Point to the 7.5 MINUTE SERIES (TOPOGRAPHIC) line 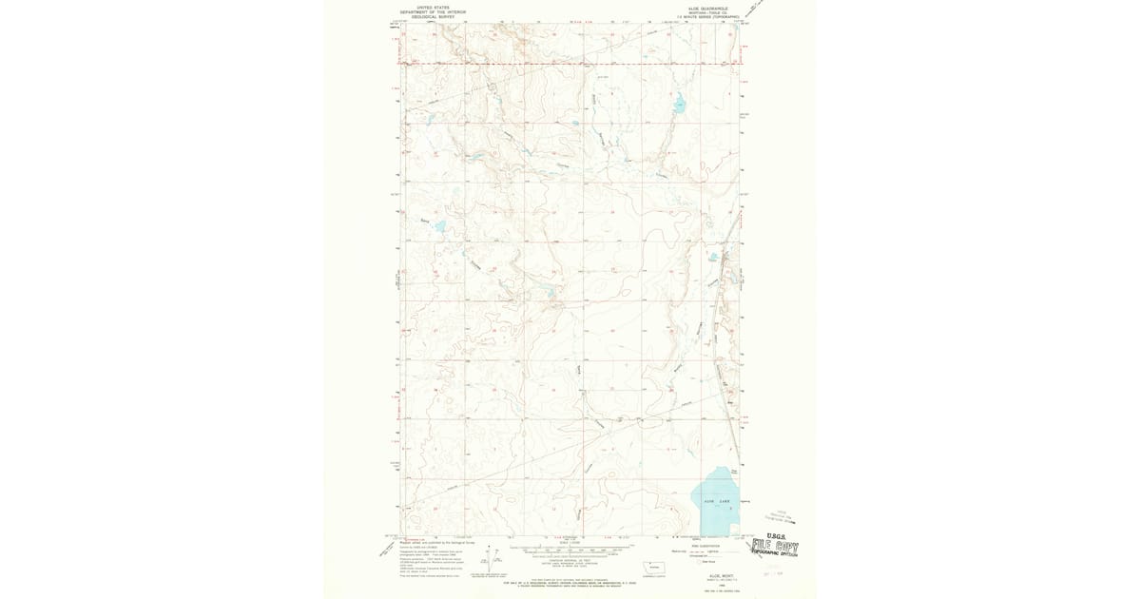click(x=698, y=17)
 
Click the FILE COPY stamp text click(x=775, y=549)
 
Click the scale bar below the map click(x=570, y=549)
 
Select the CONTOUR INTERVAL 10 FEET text click(x=570, y=559)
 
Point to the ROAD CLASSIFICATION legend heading click(x=705, y=543)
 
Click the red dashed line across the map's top click(x=570, y=64)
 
